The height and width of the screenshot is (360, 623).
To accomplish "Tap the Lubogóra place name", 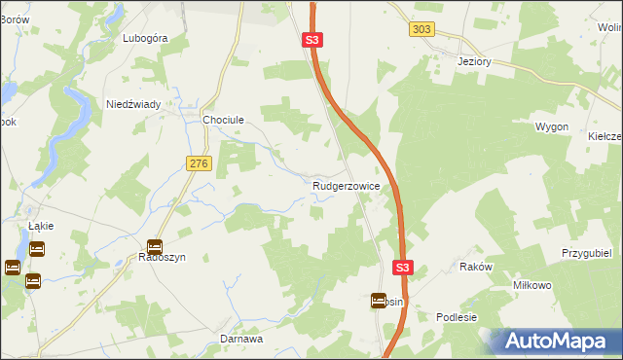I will (x=146, y=39).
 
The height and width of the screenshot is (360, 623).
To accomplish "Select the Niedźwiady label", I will (x=133, y=104).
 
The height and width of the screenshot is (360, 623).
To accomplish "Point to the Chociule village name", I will (x=222, y=120).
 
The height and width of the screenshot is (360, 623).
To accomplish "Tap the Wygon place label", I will (x=551, y=127).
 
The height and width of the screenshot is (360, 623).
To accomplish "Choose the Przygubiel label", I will (x=585, y=252).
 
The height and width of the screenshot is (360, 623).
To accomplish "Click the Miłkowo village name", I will (x=532, y=285).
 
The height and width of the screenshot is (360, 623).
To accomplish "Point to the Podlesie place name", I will (x=457, y=317).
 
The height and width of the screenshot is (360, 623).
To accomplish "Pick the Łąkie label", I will (x=41, y=226).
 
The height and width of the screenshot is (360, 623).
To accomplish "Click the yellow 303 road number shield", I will (x=421, y=30).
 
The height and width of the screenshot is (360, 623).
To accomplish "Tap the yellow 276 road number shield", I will (x=200, y=164).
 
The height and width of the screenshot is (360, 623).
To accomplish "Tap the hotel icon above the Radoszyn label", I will (x=154, y=247).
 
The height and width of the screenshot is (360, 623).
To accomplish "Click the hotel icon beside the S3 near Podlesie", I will (x=378, y=302).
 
